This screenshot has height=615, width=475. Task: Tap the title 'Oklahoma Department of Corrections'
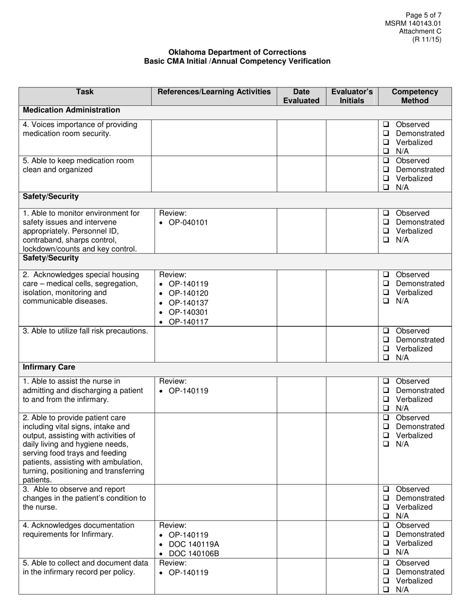237,52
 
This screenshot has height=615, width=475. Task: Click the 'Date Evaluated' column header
301,96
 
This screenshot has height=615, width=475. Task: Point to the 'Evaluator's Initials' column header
352,96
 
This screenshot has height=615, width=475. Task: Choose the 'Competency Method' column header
414,96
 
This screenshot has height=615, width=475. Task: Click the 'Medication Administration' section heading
71,110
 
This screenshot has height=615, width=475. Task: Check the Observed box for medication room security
386,124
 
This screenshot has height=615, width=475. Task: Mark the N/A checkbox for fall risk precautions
386,358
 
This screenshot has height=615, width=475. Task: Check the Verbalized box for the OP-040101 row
386,231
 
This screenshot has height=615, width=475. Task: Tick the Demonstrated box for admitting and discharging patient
386,390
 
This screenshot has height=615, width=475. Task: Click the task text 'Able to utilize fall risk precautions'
85,331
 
